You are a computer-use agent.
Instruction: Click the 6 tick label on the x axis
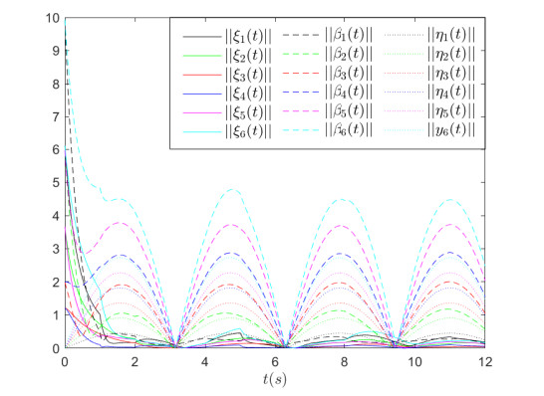click(275, 359)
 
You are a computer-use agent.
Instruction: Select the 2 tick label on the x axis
click(135, 359)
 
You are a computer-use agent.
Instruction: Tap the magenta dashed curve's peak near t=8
click(345, 226)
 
